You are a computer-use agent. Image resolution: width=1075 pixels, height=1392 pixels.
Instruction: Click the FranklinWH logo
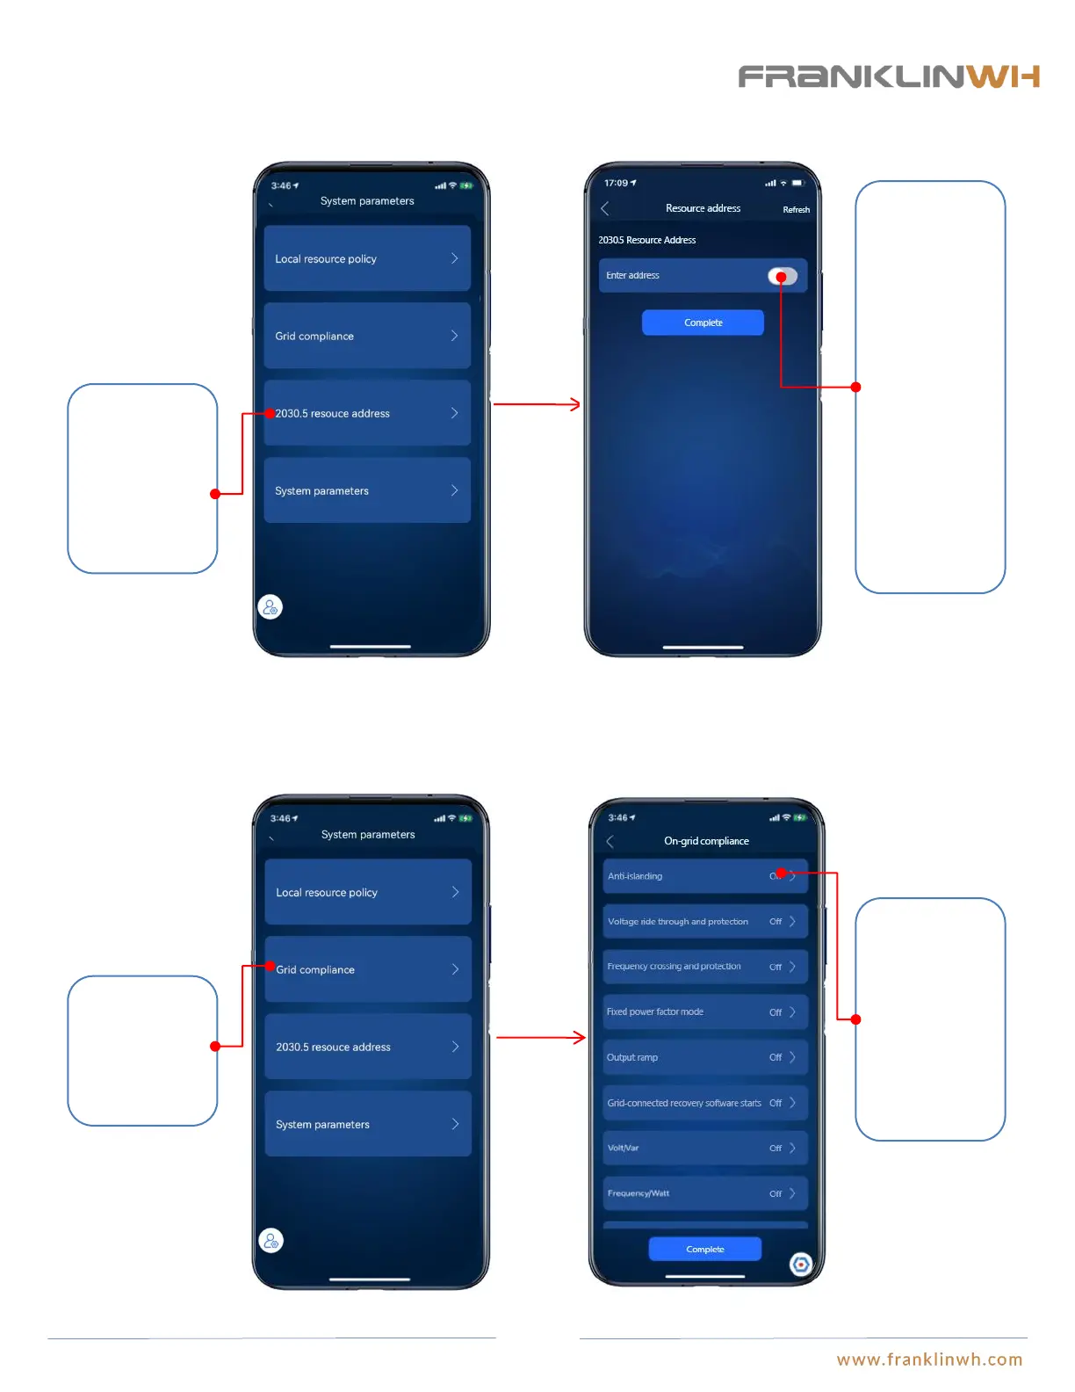tap(888, 77)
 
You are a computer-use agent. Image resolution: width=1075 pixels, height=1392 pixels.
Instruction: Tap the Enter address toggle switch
tap(783, 276)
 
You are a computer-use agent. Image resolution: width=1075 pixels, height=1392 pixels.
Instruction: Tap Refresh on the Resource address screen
tap(796, 210)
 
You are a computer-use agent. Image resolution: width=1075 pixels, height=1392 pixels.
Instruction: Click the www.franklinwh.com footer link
tap(929, 1359)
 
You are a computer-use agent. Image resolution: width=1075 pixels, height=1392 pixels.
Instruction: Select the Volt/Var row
tap(704, 1148)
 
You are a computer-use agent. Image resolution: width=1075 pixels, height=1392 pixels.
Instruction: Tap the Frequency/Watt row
tap(704, 1193)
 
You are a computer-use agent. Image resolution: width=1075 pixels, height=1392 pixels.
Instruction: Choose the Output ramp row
tap(704, 1057)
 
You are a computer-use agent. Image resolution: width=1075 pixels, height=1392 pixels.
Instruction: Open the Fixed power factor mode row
tap(704, 1011)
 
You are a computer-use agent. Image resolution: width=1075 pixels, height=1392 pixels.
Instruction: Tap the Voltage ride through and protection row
tap(704, 921)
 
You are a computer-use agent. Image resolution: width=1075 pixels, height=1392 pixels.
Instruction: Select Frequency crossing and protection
tap(704, 967)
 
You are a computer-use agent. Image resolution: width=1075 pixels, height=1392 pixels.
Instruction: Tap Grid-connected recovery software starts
tap(704, 1103)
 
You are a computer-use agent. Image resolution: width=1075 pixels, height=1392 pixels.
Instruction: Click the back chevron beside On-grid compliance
tap(610, 841)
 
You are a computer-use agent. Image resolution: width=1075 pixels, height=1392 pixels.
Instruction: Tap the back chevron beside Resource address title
tap(605, 208)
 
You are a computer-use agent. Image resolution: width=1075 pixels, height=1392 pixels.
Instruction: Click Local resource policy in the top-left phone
tap(367, 258)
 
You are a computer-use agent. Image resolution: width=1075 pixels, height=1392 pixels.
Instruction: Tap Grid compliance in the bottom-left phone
tap(368, 969)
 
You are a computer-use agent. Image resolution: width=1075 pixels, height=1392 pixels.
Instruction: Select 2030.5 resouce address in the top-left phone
tap(367, 413)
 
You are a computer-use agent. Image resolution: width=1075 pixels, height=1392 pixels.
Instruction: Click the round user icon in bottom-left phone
tap(271, 1241)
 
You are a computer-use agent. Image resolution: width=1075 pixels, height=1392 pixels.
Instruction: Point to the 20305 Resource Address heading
tap(647, 240)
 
